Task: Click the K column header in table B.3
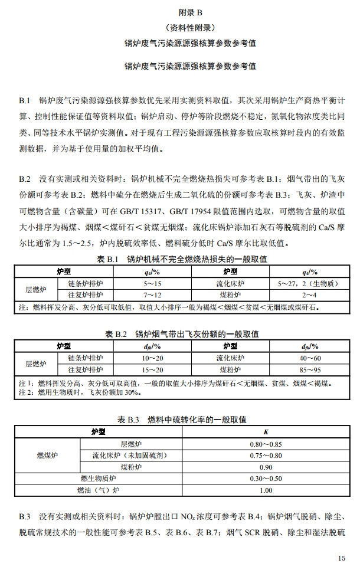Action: (266, 433)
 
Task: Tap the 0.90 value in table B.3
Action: (266, 467)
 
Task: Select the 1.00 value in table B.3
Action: (266, 490)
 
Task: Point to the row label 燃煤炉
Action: (48, 455)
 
